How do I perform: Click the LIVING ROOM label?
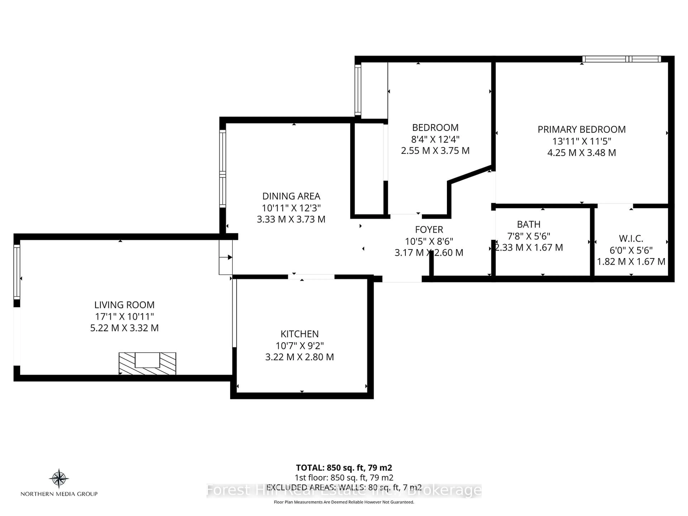124,305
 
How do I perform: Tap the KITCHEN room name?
300,334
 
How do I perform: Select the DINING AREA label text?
291,196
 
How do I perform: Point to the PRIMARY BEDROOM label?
582,129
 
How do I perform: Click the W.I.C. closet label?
631,239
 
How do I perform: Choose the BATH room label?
528,224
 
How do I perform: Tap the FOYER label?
429,230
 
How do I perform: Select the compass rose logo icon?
59,478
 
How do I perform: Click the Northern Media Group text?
59,494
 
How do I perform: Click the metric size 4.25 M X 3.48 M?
582,153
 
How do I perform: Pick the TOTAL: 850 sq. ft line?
344,468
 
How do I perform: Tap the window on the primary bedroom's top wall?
621,59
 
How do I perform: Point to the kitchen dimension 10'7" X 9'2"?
300,346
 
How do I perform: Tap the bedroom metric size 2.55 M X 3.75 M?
435,151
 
